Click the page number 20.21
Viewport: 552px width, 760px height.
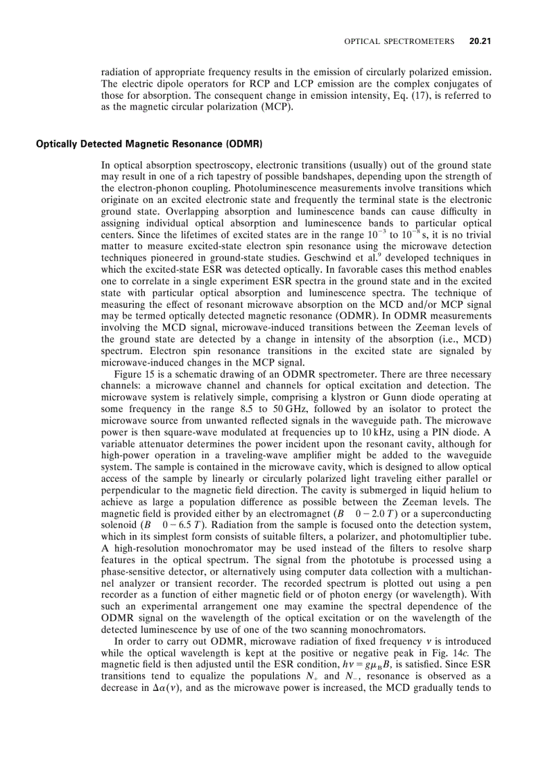coord(480,41)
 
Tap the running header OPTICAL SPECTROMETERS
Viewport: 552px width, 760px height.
coord(399,41)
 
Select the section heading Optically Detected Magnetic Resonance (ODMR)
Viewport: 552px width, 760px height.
coord(149,144)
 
